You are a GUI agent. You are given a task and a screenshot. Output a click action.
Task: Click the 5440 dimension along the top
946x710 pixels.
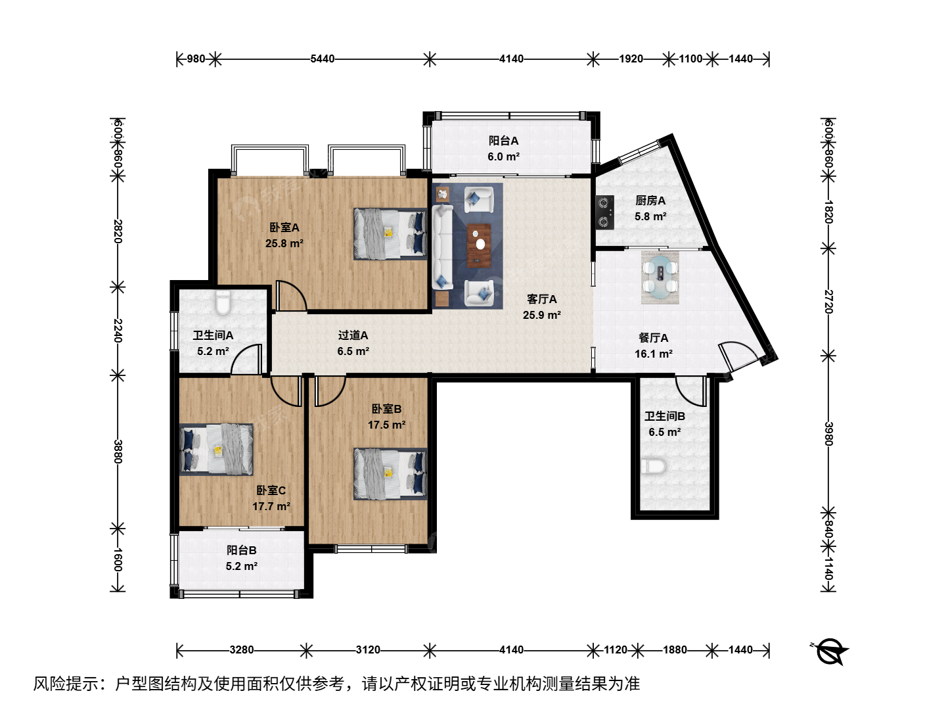pyautogui.click(x=323, y=59)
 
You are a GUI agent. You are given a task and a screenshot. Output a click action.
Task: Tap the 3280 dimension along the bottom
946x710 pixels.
pyautogui.click(x=241, y=650)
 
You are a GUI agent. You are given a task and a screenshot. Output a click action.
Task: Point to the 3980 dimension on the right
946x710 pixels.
pyautogui.click(x=828, y=434)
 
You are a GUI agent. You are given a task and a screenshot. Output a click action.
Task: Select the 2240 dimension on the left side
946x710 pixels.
pyautogui.click(x=118, y=330)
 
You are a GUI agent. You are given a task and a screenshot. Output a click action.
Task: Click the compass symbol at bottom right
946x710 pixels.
pyautogui.click(x=830, y=651)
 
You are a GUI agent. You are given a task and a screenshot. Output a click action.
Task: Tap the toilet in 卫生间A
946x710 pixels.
pyautogui.click(x=223, y=302)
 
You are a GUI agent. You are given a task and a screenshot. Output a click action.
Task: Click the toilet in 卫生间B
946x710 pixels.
pyautogui.click(x=654, y=467)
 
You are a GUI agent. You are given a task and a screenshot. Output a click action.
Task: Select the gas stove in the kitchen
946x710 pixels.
pyautogui.click(x=604, y=212)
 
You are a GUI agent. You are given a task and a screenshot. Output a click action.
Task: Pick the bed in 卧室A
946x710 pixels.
pyautogui.click(x=390, y=234)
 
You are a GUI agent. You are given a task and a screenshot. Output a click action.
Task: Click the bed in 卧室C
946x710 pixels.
pyautogui.click(x=216, y=450)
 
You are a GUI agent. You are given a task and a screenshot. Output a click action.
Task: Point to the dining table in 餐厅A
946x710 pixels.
pyautogui.click(x=660, y=277)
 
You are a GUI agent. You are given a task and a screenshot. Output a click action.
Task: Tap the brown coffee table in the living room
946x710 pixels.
pyautogui.click(x=479, y=245)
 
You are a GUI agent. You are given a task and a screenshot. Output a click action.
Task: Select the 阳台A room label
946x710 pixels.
pyautogui.click(x=503, y=141)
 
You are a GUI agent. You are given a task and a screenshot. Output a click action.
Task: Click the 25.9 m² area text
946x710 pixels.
pyautogui.click(x=542, y=315)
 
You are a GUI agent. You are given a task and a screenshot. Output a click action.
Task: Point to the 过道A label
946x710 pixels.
pyautogui.click(x=353, y=335)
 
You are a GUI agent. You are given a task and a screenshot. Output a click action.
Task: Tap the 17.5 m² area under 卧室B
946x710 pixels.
pyautogui.click(x=386, y=425)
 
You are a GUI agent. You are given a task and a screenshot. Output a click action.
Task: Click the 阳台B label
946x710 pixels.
pyautogui.click(x=242, y=550)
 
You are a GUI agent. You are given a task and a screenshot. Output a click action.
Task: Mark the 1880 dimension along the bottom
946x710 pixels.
pyautogui.click(x=675, y=650)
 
